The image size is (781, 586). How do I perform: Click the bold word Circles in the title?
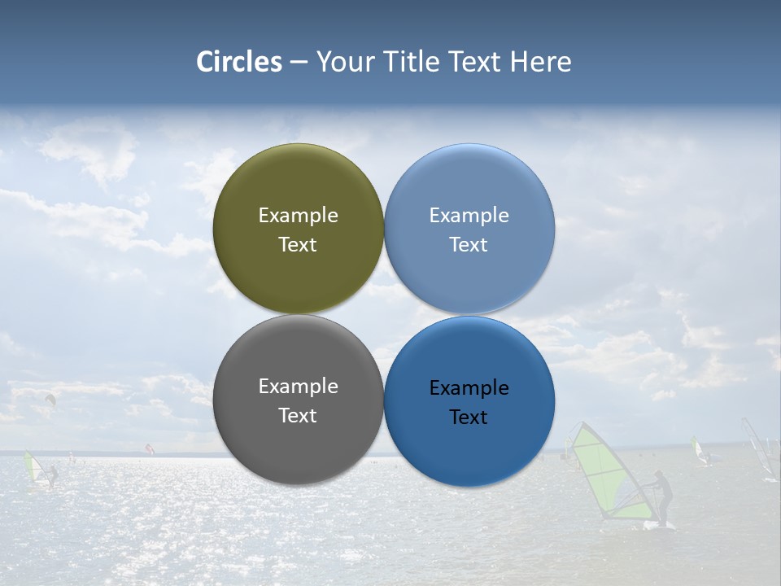point(238,62)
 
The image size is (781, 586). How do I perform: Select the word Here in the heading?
point(540,62)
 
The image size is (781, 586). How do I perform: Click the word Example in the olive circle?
point(298,215)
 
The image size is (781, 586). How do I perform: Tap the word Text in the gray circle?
point(298,415)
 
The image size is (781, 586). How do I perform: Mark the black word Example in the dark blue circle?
point(469,387)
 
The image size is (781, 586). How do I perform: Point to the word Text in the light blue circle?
point(469,244)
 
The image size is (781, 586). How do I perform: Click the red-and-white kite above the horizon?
point(149,448)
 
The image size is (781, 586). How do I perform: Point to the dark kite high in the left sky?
point(50,399)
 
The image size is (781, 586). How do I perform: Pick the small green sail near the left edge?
point(33,469)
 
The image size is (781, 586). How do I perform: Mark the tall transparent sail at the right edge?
point(758,448)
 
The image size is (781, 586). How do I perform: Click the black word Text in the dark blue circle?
point(469,417)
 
